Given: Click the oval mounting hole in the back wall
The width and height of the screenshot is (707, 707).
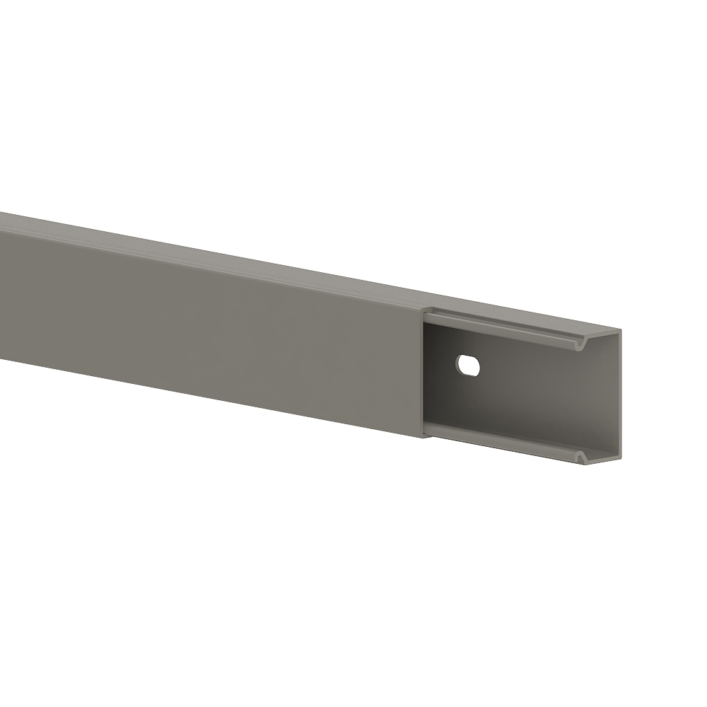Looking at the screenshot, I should point(468,365).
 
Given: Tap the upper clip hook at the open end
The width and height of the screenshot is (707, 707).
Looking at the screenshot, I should point(581,345).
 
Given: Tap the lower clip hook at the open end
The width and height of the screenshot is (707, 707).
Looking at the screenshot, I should point(581,460).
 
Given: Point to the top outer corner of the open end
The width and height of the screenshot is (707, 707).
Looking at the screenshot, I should point(620,329).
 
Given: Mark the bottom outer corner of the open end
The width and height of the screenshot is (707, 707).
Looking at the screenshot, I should point(620,468).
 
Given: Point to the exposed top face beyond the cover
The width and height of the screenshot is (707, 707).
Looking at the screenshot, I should point(523,317).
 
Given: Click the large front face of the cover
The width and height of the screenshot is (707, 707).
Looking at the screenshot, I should point(212,325).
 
